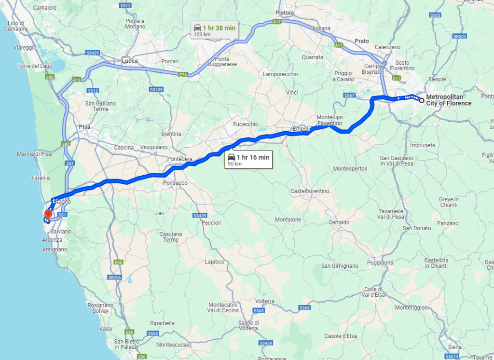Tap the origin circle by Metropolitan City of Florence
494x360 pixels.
coord(422,100)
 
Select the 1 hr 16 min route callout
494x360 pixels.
coord(249,160)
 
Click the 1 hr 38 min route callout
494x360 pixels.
coord(215,30)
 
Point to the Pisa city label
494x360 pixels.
coord(84,127)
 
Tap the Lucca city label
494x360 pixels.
coord(130,61)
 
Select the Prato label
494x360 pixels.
coord(361,41)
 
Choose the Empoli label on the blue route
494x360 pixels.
coord(302,129)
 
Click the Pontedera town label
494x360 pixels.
coord(179,159)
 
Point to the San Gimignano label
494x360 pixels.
coord(340,266)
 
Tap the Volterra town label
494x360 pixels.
coord(265,301)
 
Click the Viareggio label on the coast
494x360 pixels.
coord(25,48)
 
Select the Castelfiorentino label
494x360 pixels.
coord(310,191)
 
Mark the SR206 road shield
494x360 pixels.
coord(114,278)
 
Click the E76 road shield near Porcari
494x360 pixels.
coord(182,75)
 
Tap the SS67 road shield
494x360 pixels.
coord(350,96)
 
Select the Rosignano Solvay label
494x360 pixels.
coord(100,308)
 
